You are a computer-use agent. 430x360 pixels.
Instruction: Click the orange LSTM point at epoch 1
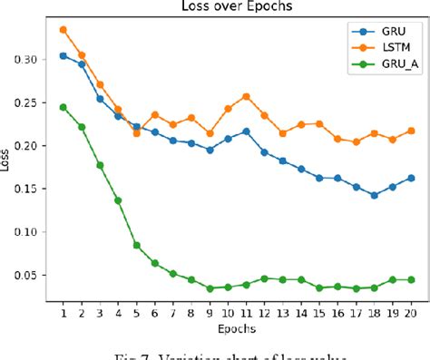pyautogui.click(x=63, y=30)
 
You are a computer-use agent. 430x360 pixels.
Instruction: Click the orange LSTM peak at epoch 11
pyautogui.click(x=246, y=96)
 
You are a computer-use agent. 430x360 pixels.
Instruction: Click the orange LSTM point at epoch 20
pyautogui.click(x=410, y=131)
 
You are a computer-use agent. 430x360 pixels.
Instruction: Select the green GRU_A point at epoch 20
pyautogui.click(x=410, y=280)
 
